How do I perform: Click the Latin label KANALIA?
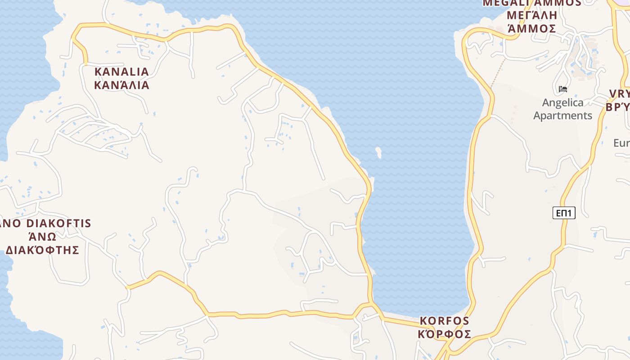[121, 72]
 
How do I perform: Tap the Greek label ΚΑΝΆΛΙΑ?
[121, 85]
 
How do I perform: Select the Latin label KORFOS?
[445, 321]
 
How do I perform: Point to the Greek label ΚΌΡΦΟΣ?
[445, 334]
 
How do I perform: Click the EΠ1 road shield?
[564, 213]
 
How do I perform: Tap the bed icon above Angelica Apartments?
[562, 89]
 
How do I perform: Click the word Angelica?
[562, 103]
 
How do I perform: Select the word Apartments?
[562, 116]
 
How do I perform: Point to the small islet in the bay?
[378, 153]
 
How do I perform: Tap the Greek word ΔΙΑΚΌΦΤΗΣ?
[42, 250]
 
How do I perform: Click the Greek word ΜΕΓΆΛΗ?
[532, 15]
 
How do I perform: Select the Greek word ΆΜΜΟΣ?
[532, 29]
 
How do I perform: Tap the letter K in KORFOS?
[423, 321]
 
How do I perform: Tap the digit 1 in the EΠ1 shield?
[571, 213]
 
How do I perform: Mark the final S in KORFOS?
[466, 321]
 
